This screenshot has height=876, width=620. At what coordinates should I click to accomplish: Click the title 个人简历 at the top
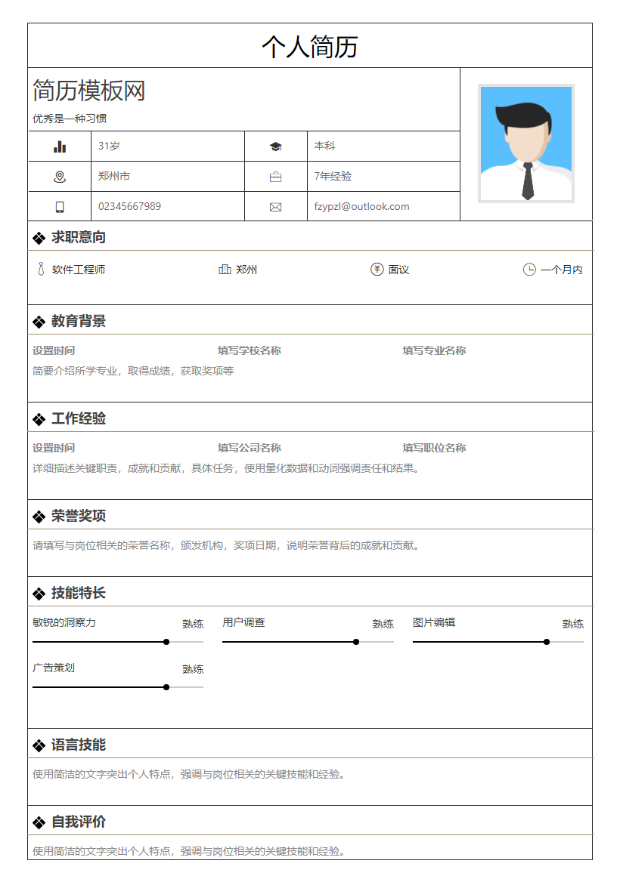click(x=309, y=47)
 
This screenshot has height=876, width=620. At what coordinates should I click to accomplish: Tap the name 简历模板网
click(x=88, y=91)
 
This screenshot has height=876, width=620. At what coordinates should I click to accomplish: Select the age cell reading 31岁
click(x=109, y=146)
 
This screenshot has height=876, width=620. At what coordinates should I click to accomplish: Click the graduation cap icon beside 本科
click(x=275, y=147)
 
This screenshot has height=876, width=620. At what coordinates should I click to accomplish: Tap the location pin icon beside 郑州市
click(x=60, y=177)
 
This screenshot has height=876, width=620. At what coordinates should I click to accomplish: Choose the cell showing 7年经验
click(x=333, y=176)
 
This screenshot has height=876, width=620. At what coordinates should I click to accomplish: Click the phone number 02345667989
click(x=129, y=206)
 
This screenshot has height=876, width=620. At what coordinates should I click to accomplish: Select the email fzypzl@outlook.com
click(x=361, y=206)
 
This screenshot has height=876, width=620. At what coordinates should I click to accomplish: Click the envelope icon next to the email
click(x=275, y=207)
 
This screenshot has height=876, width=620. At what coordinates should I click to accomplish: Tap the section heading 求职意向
click(x=78, y=237)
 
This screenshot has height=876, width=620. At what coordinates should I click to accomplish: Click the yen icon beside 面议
click(x=377, y=270)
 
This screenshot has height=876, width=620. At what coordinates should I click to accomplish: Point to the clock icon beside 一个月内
click(x=529, y=270)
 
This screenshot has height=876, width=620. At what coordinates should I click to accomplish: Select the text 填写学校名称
click(x=250, y=350)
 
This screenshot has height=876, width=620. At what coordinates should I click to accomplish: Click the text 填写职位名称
click(x=434, y=448)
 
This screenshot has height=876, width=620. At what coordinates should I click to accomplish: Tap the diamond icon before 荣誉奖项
click(x=39, y=517)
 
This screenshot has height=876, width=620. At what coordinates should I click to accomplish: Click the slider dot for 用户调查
click(x=356, y=642)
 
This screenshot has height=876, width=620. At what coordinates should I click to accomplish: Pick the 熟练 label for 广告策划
click(x=193, y=669)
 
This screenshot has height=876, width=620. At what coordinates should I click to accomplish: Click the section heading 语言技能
click(x=78, y=745)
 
